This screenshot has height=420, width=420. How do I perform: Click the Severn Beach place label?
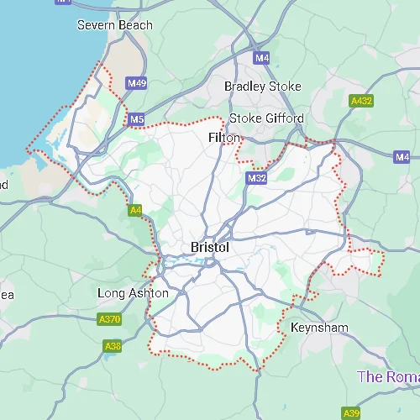115,25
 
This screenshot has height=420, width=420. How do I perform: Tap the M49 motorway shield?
137,83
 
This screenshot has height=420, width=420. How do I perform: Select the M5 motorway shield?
137,120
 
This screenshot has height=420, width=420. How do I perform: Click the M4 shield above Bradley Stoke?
262,58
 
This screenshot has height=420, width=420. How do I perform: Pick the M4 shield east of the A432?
402,157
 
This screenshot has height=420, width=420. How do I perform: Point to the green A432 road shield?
361,101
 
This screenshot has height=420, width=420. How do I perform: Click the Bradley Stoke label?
262,87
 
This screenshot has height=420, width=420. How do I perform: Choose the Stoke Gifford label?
266,118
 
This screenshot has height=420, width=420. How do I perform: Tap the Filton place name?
224,137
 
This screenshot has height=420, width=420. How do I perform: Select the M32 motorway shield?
257,179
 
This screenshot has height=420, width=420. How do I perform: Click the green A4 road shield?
134,210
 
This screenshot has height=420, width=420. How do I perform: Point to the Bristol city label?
210,248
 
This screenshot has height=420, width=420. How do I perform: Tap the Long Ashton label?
134,293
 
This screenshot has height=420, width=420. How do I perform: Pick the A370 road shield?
109,319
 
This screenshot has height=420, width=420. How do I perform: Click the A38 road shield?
113,346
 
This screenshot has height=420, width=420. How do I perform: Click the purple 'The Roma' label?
388,376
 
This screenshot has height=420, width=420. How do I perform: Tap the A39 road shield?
352,412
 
